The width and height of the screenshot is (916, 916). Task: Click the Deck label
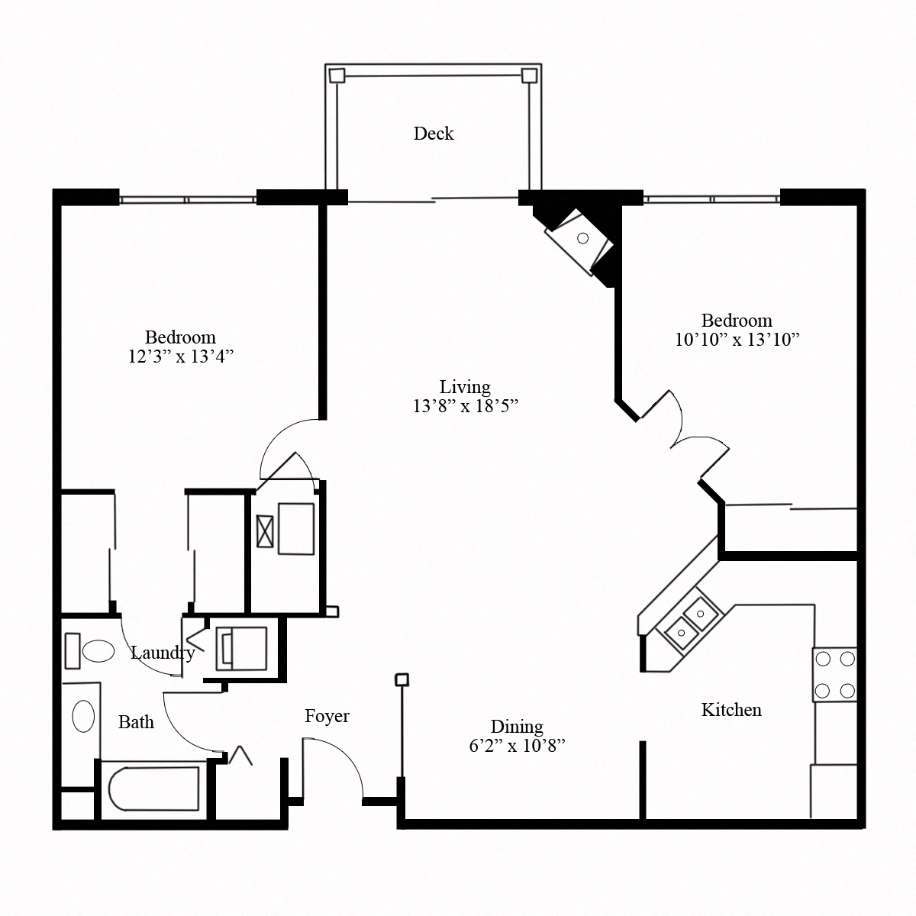[x=434, y=134]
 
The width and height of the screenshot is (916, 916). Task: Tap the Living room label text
[x=465, y=387]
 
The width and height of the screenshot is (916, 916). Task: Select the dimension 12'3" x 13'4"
[x=180, y=356]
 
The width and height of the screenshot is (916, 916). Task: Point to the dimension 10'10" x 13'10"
[x=737, y=340]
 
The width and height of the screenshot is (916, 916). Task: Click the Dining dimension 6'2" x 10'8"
[x=517, y=746]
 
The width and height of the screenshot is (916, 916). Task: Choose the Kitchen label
[x=731, y=710]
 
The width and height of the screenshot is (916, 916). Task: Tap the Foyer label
[x=327, y=716]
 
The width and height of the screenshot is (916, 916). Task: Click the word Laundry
[x=162, y=653]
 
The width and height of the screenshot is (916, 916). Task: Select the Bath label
[x=136, y=722]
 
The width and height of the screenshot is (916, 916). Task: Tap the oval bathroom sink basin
[x=82, y=717]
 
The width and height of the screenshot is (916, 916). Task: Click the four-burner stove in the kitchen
[x=834, y=675]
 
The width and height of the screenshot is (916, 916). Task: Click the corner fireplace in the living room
[x=582, y=239]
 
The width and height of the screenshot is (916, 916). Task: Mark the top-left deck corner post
[x=336, y=75]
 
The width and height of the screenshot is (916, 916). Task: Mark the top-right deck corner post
[x=528, y=75]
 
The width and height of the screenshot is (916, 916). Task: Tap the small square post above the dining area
[x=402, y=679]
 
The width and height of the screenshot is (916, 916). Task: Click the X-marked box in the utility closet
[x=266, y=531]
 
